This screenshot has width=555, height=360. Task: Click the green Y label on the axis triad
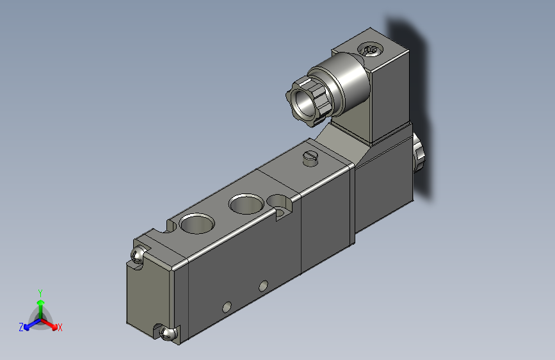pyautogui.click(x=40, y=293)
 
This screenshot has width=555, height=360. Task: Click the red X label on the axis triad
pyautogui.click(x=60, y=327)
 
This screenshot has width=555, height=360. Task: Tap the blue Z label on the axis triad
pyautogui.click(x=21, y=327)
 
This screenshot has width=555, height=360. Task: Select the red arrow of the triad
pyautogui.click(x=49, y=324)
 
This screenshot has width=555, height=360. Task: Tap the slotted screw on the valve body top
pyautogui.click(x=310, y=158)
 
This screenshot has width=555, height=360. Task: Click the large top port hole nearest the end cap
pyautogui.click(x=197, y=223)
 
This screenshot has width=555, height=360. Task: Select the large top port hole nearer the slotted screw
pyautogui.click(x=246, y=204)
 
